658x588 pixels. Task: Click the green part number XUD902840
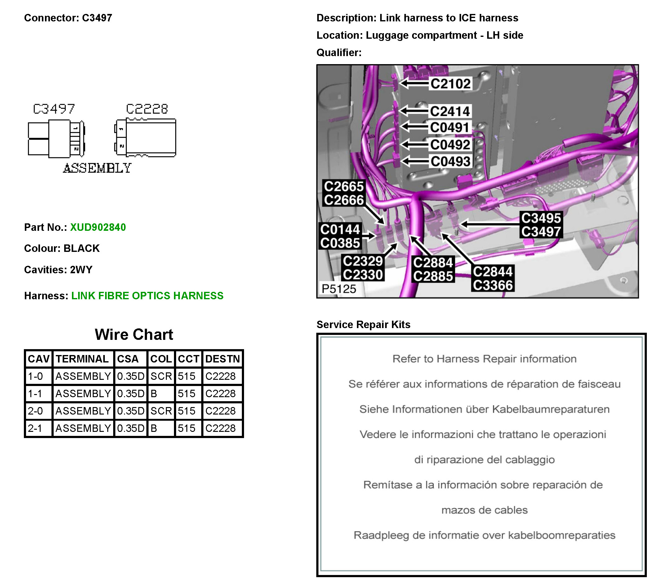click(98, 227)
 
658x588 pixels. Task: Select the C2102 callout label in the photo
click(450, 84)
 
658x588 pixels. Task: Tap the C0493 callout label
click(450, 161)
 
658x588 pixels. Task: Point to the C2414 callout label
click(449, 111)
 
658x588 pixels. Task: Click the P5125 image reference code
click(339, 288)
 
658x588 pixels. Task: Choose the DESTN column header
click(222, 359)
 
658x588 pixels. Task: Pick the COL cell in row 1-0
click(161, 376)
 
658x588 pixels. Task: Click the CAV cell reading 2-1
click(35, 428)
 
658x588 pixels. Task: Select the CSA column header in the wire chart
click(128, 359)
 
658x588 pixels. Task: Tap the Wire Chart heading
click(134, 334)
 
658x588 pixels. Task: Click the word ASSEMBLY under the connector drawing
click(97, 168)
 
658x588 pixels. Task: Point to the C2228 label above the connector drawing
click(147, 109)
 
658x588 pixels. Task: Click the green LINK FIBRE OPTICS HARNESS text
click(147, 296)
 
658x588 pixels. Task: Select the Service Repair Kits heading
click(363, 324)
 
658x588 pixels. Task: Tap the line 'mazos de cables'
click(484, 510)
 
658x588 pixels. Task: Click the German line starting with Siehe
click(484, 409)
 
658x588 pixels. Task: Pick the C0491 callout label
click(449, 127)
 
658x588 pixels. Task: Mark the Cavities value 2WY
click(81, 270)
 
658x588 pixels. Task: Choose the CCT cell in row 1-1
click(187, 393)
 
